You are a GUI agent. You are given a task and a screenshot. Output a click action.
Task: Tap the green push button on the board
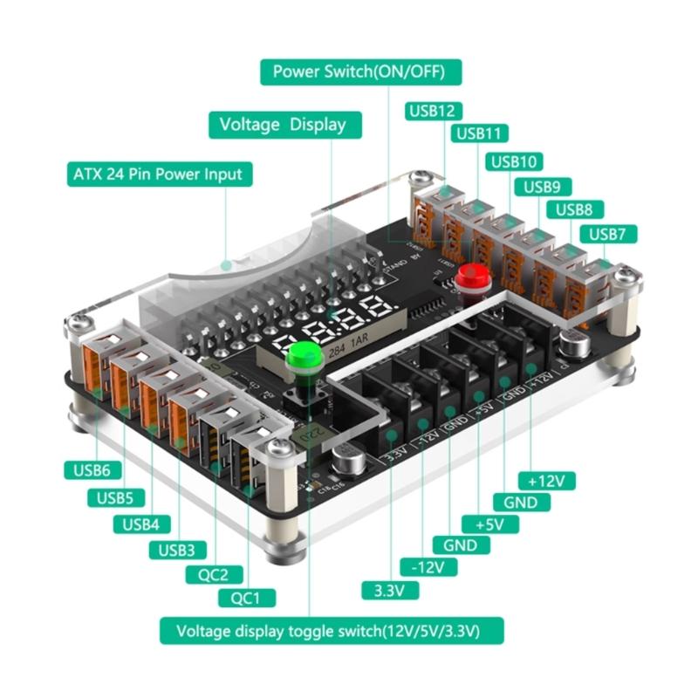(x=302, y=356)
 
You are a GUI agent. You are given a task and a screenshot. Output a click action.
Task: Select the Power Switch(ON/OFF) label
(x=360, y=72)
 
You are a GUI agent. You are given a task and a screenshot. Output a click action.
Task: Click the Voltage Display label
(x=282, y=125)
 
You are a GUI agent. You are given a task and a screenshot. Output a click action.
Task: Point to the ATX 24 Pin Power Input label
(x=158, y=173)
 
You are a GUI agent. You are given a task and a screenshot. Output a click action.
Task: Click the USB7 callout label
(x=612, y=234)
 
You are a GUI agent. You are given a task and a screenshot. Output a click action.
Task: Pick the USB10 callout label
(x=515, y=161)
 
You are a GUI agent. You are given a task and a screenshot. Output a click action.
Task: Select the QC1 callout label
(x=247, y=598)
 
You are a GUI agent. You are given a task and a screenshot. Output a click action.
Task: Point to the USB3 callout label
(x=177, y=550)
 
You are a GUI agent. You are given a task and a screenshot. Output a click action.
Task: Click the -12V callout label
(x=428, y=567)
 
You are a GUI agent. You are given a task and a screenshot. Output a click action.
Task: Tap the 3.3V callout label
(x=390, y=590)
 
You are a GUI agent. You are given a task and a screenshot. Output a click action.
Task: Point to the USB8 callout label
(x=573, y=209)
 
